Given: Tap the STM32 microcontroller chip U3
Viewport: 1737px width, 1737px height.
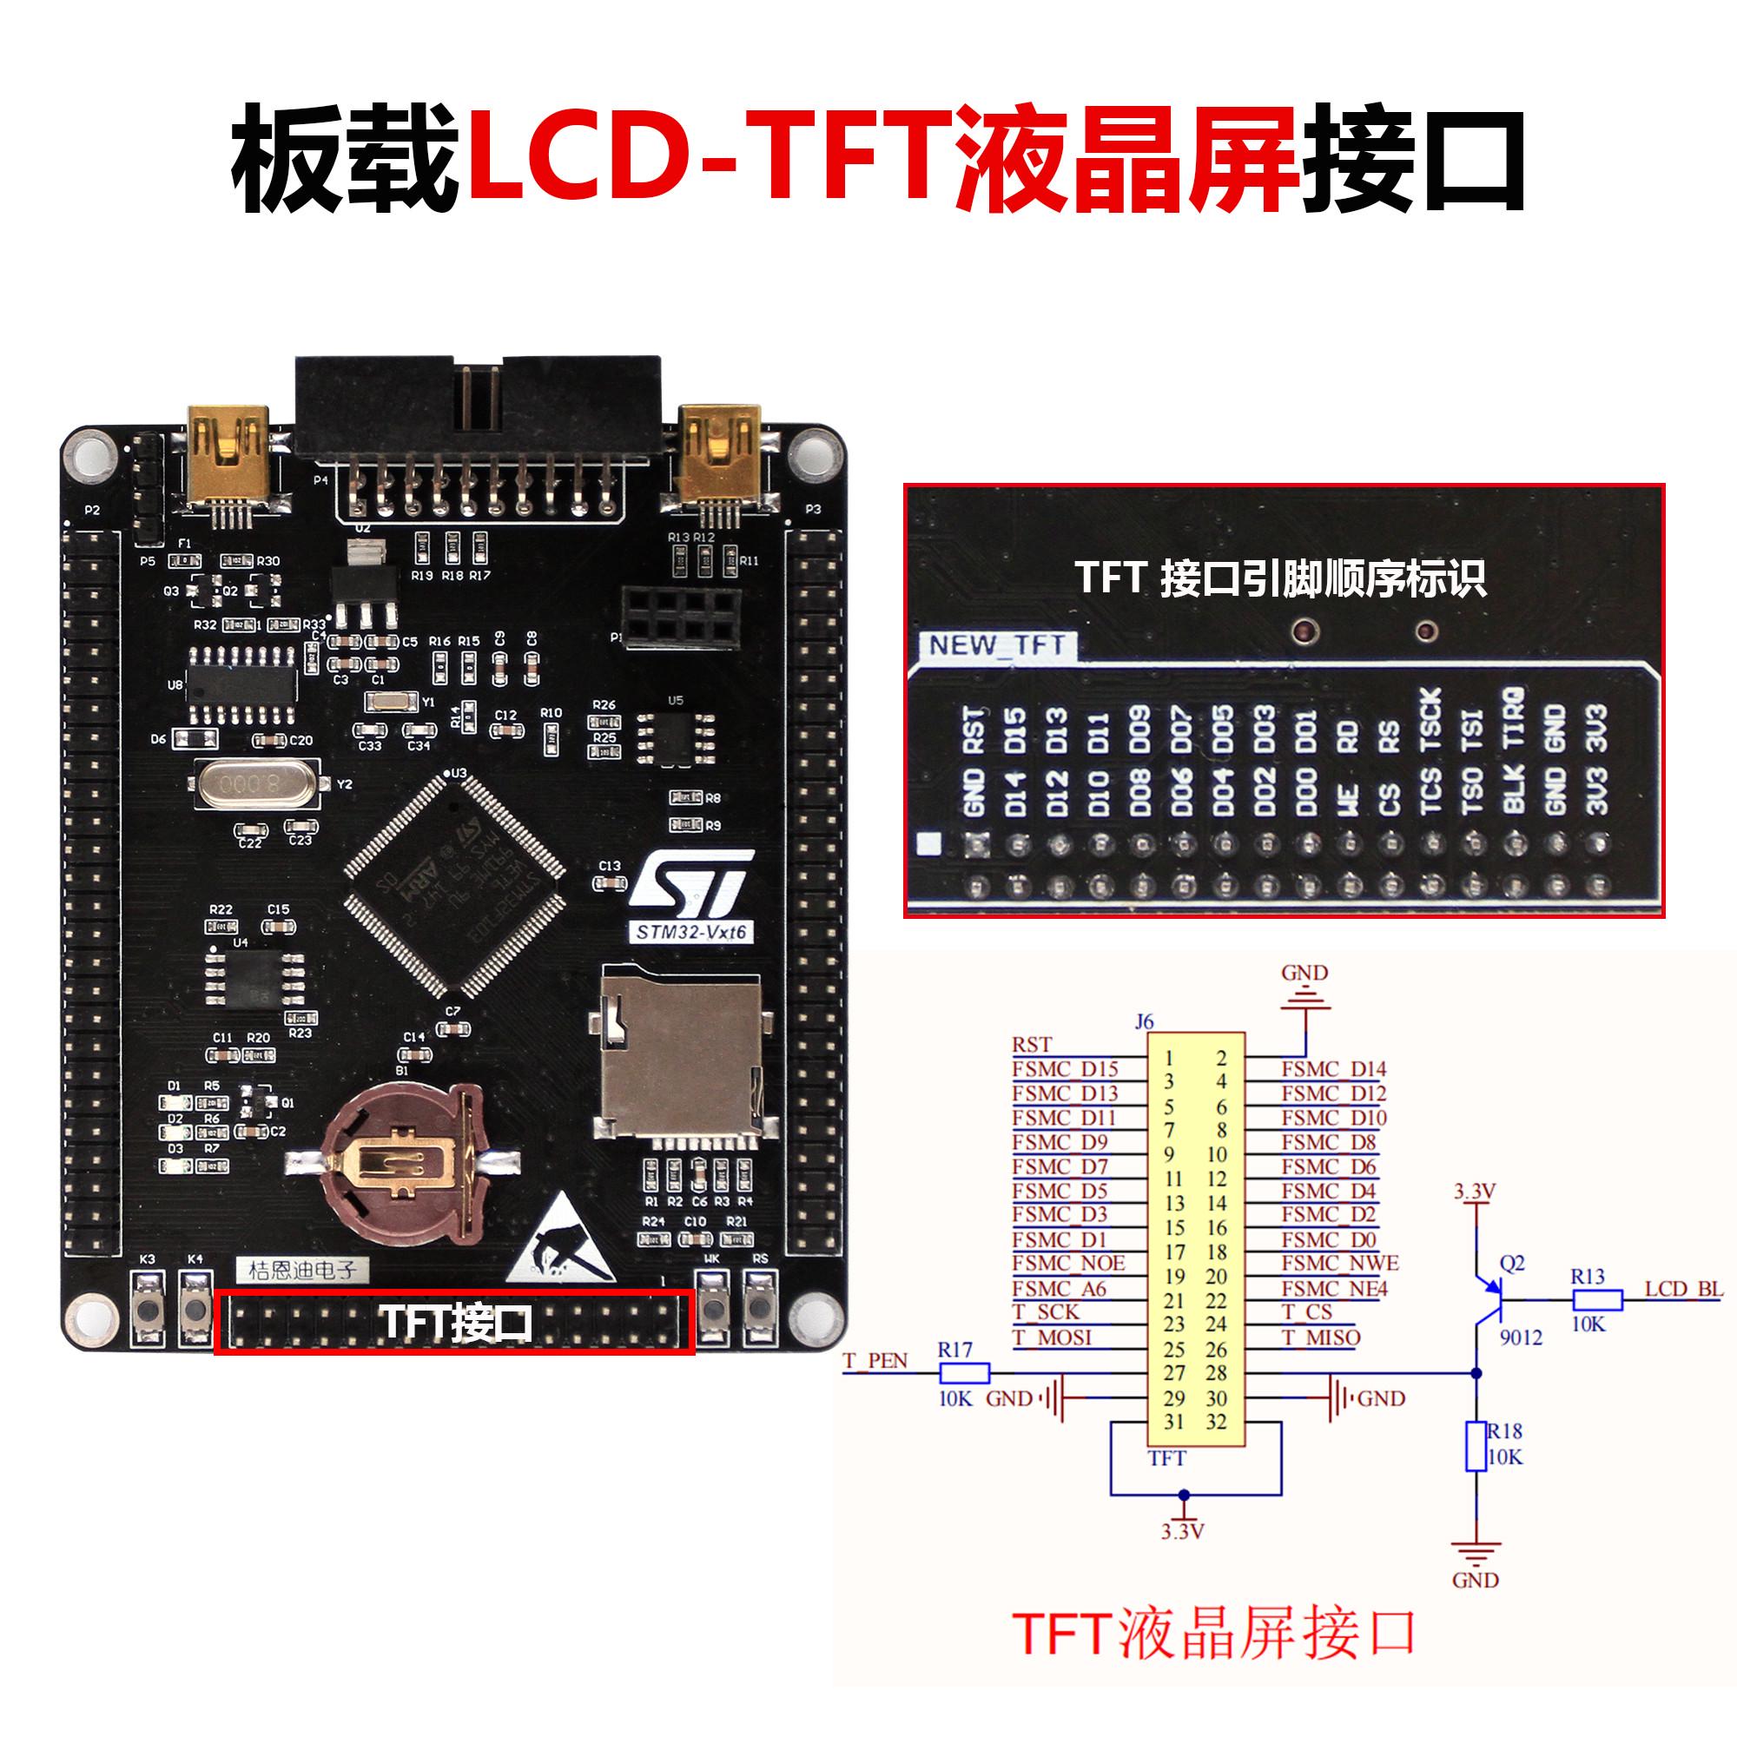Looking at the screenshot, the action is pyautogui.click(x=455, y=886).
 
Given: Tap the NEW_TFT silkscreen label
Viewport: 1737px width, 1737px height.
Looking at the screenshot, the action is pyautogui.click(x=996, y=645).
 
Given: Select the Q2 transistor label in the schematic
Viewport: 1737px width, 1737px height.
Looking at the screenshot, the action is pyautogui.click(x=1512, y=1263).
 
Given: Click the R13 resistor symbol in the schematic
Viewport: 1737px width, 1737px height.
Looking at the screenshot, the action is pyautogui.click(x=1597, y=1300).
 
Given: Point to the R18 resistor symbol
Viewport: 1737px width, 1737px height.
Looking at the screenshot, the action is pyautogui.click(x=1476, y=1447).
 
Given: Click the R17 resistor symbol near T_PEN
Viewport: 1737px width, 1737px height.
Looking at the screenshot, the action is pyautogui.click(x=964, y=1373).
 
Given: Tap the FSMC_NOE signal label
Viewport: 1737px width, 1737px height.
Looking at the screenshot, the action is pyautogui.click(x=1068, y=1263).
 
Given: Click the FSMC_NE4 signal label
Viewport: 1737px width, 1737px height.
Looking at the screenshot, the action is pyautogui.click(x=1334, y=1288).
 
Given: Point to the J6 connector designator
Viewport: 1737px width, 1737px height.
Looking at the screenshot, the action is pyautogui.click(x=1144, y=1021).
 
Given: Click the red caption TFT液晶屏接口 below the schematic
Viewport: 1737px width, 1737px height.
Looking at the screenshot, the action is pyautogui.click(x=1214, y=1634).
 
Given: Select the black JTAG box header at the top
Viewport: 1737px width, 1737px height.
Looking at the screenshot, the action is pyautogui.click(x=479, y=405).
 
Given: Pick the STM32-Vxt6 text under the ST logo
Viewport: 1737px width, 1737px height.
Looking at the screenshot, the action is pyautogui.click(x=690, y=931).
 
